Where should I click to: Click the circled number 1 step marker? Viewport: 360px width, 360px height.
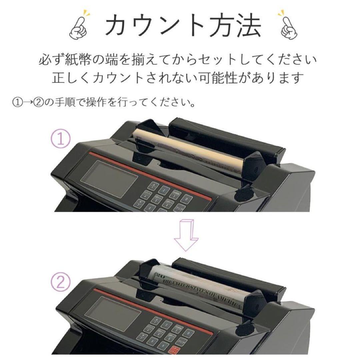click(x=60, y=140)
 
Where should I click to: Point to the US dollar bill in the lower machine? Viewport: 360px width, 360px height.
click(x=200, y=288)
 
